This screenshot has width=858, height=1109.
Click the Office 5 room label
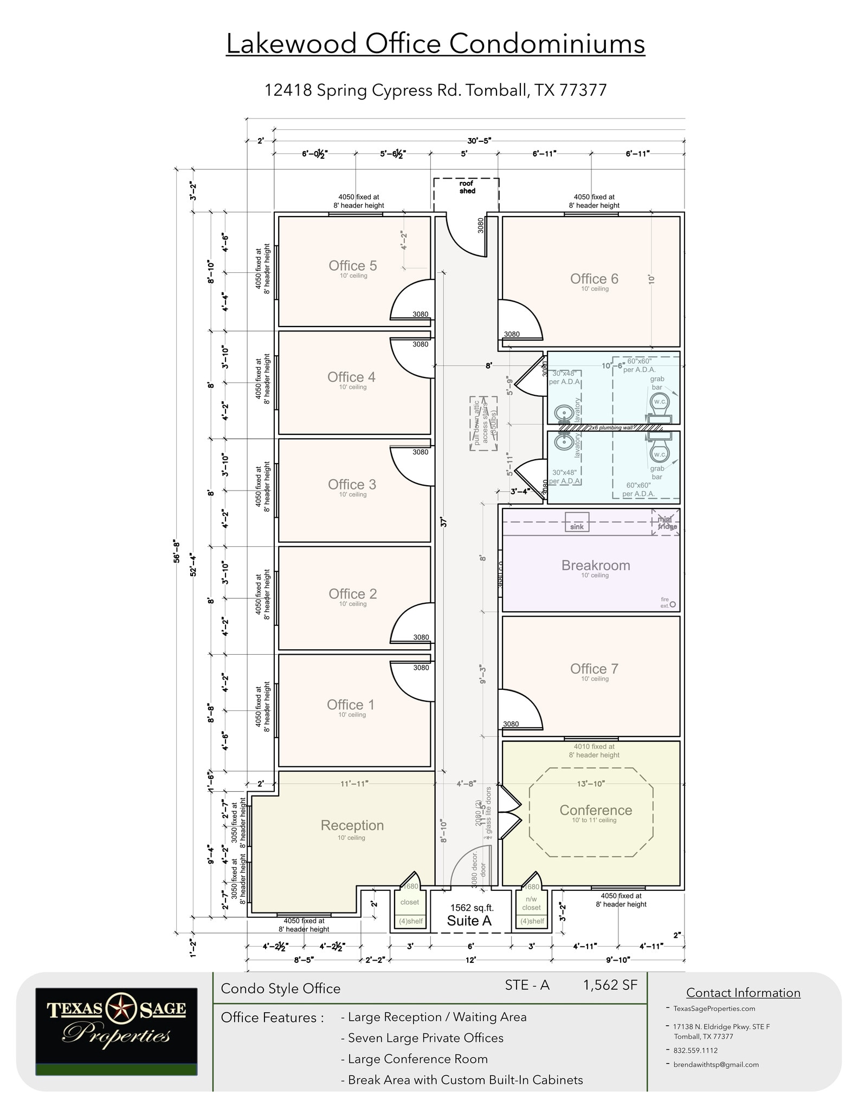[x=352, y=266]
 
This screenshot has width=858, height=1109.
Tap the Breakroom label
[x=595, y=565]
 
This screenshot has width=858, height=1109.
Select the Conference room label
[x=595, y=810]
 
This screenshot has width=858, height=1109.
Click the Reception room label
[x=352, y=825]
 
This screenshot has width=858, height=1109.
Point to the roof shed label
[x=467, y=187]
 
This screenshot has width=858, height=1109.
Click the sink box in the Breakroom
[x=577, y=522]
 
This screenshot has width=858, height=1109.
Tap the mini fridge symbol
[x=666, y=523]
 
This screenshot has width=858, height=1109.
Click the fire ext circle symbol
[x=673, y=604]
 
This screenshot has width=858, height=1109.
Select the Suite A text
[x=469, y=921]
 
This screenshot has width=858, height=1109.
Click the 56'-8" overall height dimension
[x=175, y=551]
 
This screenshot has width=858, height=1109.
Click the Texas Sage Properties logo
[x=116, y=1032]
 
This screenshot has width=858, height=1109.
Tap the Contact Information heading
[x=743, y=993]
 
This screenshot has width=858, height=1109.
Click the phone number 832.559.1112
[x=695, y=1050]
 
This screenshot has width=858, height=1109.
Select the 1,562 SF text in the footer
[x=610, y=985]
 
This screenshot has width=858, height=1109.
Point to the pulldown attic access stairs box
[x=484, y=423]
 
